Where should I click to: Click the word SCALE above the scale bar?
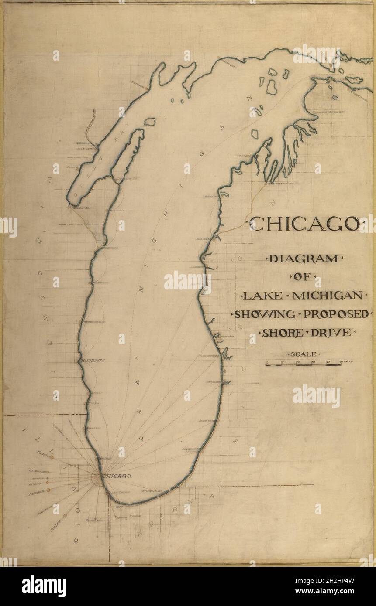click(304, 354)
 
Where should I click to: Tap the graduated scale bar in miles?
click(304, 363)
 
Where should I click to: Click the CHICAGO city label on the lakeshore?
click(117, 476)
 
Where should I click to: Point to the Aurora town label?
click(36, 490)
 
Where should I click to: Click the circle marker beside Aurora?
click(48, 490)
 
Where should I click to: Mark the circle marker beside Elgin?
click(52, 457)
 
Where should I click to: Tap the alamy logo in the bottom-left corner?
click(44, 586)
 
